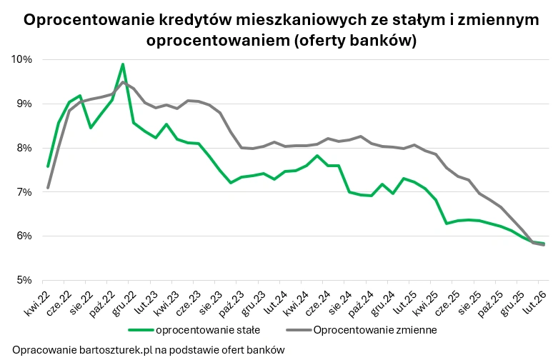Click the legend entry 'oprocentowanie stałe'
(207, 330)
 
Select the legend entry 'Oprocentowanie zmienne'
(374, 330)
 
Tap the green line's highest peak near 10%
(123, 64)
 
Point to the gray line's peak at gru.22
(123, 82)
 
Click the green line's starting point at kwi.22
(48, 166)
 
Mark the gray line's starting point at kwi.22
(48, 188)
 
